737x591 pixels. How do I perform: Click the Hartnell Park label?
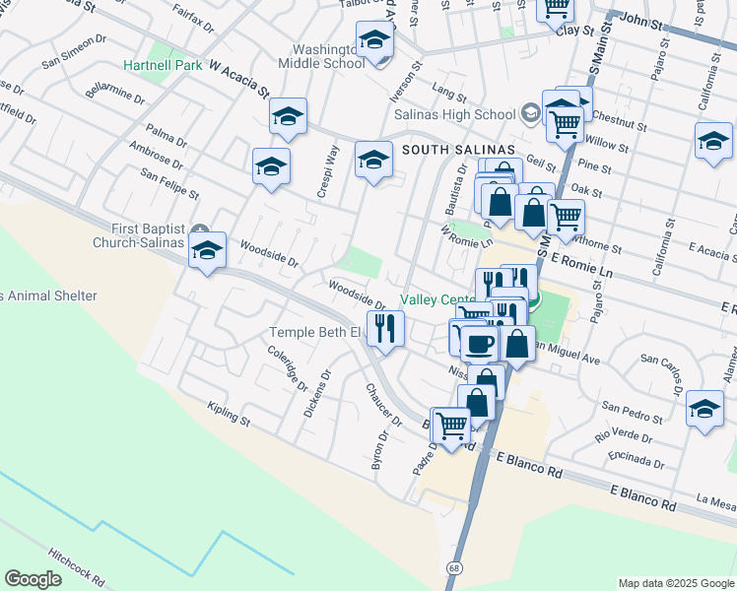163,66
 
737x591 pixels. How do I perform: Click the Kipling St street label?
229,414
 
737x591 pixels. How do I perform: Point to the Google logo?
33,579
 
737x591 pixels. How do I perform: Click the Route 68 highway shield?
453,567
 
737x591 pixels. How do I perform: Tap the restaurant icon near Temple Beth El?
385,327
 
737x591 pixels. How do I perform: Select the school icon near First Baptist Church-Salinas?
207,251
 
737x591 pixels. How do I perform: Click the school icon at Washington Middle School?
374,40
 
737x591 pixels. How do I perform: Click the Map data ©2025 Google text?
675,582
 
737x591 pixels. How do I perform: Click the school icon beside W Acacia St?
288,117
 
